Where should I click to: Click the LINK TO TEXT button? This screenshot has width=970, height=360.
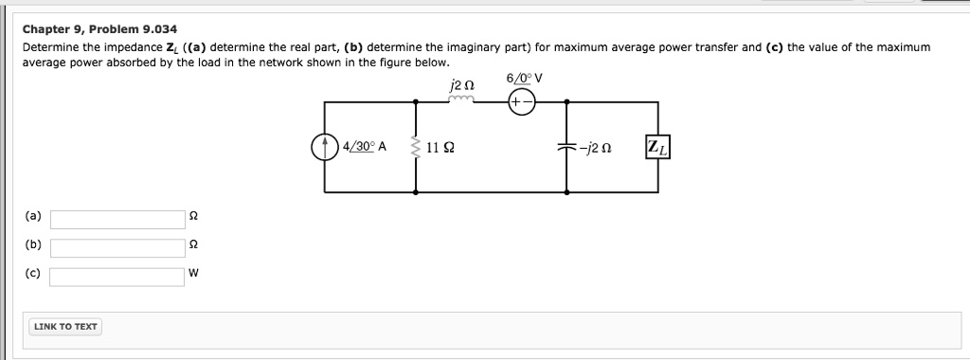(x=65, y=327)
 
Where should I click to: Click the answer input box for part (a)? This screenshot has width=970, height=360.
(x=117, y=219)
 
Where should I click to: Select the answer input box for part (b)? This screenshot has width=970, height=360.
(x=117, y=247)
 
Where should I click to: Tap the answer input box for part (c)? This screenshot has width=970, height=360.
(x=117, y=277)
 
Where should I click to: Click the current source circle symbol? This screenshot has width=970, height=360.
(x=324, y=147)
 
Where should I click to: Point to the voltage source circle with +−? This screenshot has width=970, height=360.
(x=522, y=101)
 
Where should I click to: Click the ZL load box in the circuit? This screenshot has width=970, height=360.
(x=656, y=148)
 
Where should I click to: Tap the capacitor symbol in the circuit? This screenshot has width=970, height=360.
(x=567, y=148)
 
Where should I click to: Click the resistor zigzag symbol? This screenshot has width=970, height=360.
(x=415, y=148)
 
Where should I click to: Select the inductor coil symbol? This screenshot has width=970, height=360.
(x=463, y=99)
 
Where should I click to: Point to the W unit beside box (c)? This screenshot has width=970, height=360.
(x=193, y=276)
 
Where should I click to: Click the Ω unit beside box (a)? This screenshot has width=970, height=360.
(x=193, y=218)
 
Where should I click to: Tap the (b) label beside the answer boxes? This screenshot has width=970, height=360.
(x=32, y=245)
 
